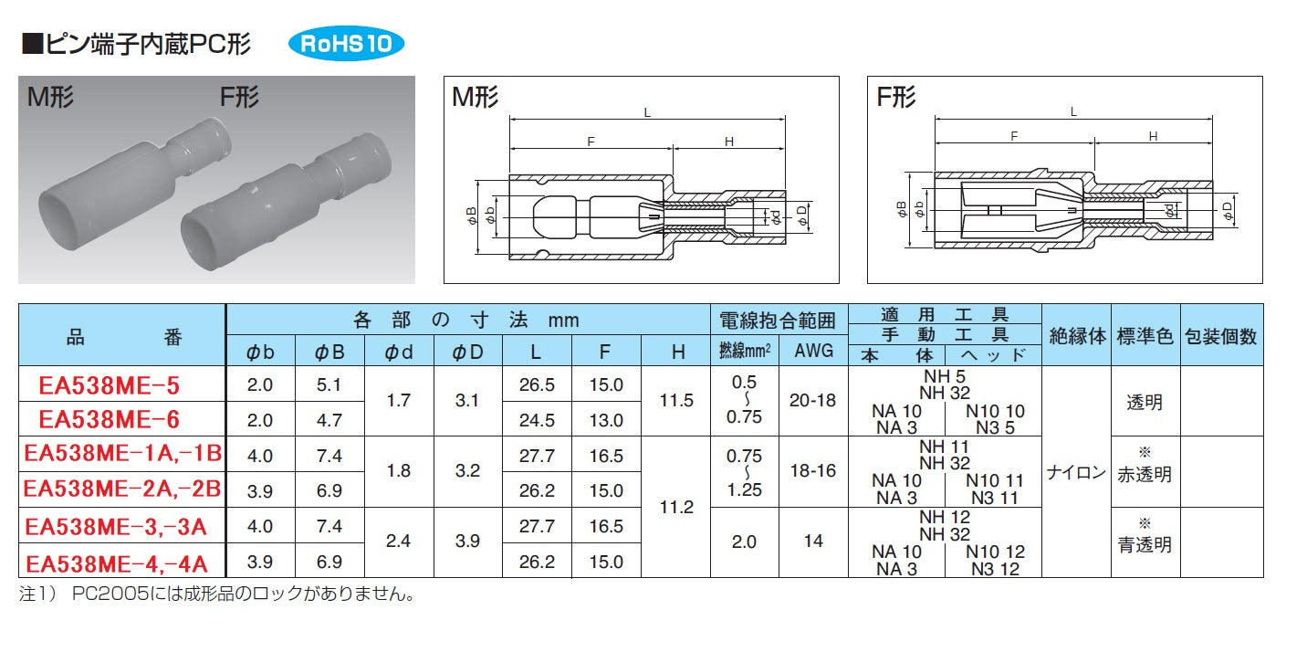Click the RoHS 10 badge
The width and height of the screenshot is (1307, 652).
[346, 44]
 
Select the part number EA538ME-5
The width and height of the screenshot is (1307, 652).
[110, 386]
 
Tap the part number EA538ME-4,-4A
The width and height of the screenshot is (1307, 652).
[117, 563]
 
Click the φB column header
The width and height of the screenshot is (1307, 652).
[329, 352]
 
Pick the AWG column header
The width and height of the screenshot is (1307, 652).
[813, 351]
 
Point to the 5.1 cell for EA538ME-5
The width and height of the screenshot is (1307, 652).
[329, 384]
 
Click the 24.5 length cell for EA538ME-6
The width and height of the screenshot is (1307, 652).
[537, 420]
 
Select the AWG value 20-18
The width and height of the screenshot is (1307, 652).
[813, 400]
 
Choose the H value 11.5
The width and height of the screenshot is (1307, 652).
[676, 400]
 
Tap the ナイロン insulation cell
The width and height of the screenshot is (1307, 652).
[1076, 471]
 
